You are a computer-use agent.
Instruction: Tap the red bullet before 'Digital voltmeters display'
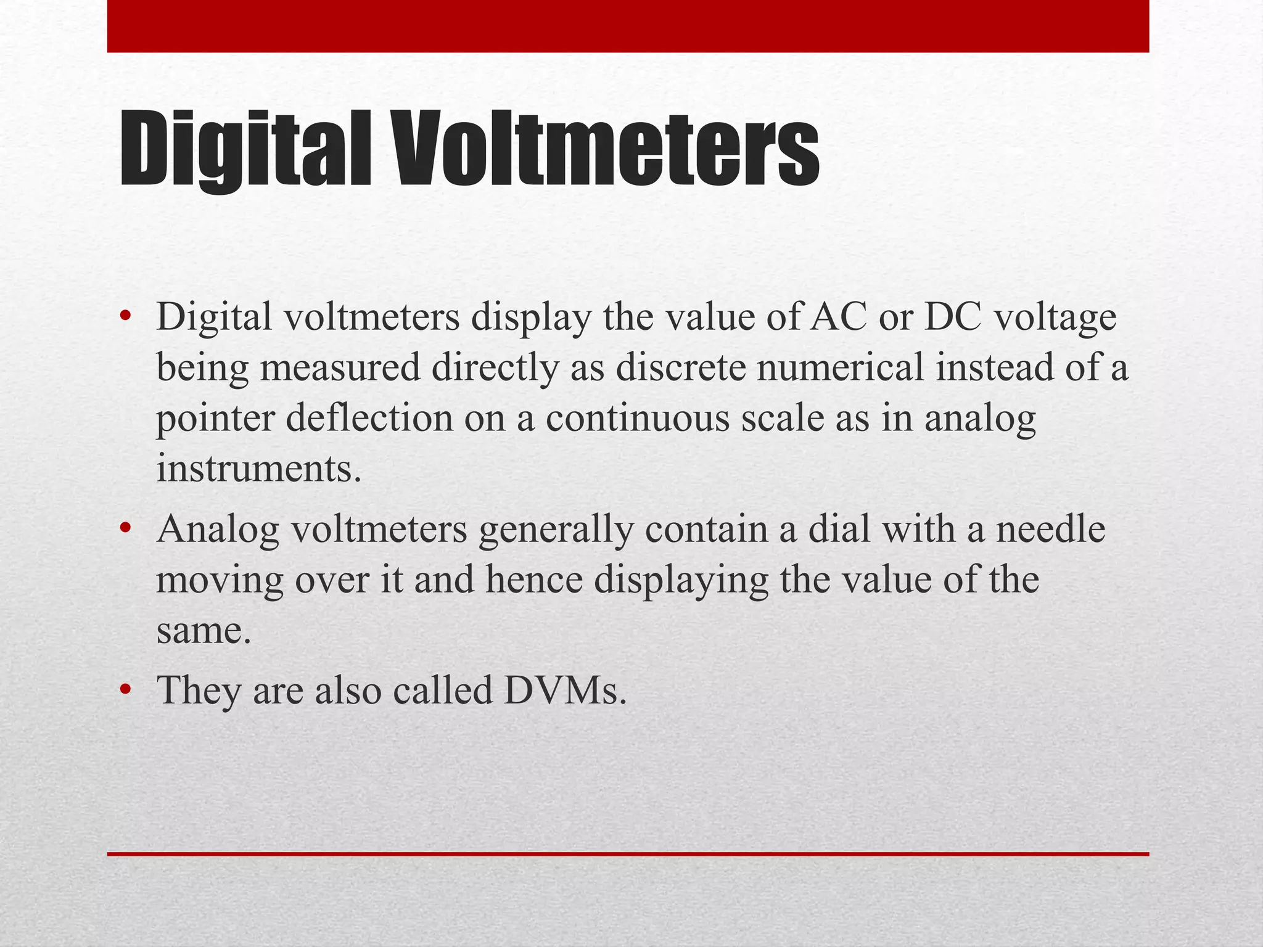pyautogui.click(x=126, y=318)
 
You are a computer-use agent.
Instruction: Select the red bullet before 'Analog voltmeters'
pyautogui.click(x=126, y=529)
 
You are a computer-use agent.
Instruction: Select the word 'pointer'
pyautogui.click(x=215, y=419)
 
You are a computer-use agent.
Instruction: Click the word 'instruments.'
pyautogui.click(x=258, y=469)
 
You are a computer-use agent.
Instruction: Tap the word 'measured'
pyautogui.click(x=340, y=368)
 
